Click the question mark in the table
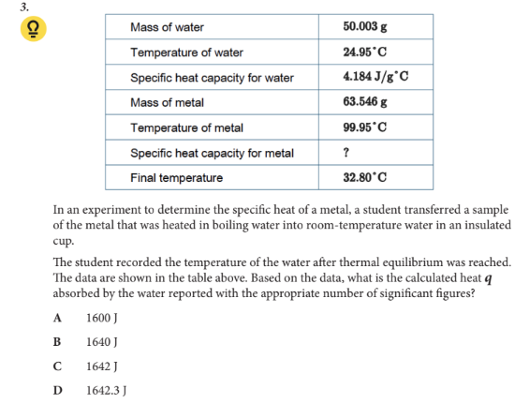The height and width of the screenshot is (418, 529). pyautogui.click(x=347, y=153)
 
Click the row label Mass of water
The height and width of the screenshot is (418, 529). pyautogui.click(x=167, y=27)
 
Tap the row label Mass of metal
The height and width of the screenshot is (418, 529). pyautogui.click(x=167, y=102)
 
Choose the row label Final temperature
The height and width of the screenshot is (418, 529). pyautogui.click(x=177, y=177)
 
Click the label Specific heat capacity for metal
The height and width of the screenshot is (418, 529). pyautogui.click(x=213, y=153)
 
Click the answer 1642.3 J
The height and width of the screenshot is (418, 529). pyautogui.click(x=103, y=389)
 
